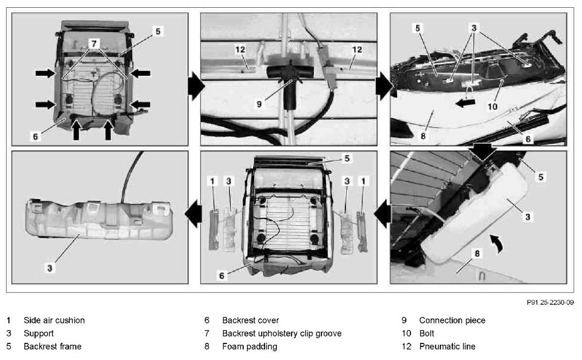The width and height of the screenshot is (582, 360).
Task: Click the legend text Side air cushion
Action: pyautogui.click(x=54, y=320)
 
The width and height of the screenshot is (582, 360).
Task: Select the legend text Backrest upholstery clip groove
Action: pyautogui.click(x=282, y=333)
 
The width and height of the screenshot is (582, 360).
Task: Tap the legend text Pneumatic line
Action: pyautogui.click(x=447, y=346)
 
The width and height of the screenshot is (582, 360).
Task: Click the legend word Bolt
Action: pyautogui.click(x=427, y=333)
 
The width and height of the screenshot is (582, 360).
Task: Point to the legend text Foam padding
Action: pyautogui.click(x=249, y=346)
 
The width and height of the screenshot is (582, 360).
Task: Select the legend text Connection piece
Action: pyautogui.click(x=452, y=320)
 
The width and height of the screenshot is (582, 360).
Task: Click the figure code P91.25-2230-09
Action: pyautogui.click(x=550, y=302)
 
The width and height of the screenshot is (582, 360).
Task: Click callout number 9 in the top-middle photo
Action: pyautogui.click(x=259, y=103)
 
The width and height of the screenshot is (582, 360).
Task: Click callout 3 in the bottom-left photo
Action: pyautogui.click(x=50, y=267)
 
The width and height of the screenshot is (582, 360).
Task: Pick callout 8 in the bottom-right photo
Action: pyautogui.click(x=477, y=254)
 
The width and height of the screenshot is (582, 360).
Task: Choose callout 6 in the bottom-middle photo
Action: pyautogui.click(x=221, y=275)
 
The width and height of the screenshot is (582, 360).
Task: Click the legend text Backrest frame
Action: pyautogui.click(x=52, y=346)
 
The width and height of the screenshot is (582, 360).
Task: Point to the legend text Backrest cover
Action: pyautogui.click(x=250, y=320)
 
